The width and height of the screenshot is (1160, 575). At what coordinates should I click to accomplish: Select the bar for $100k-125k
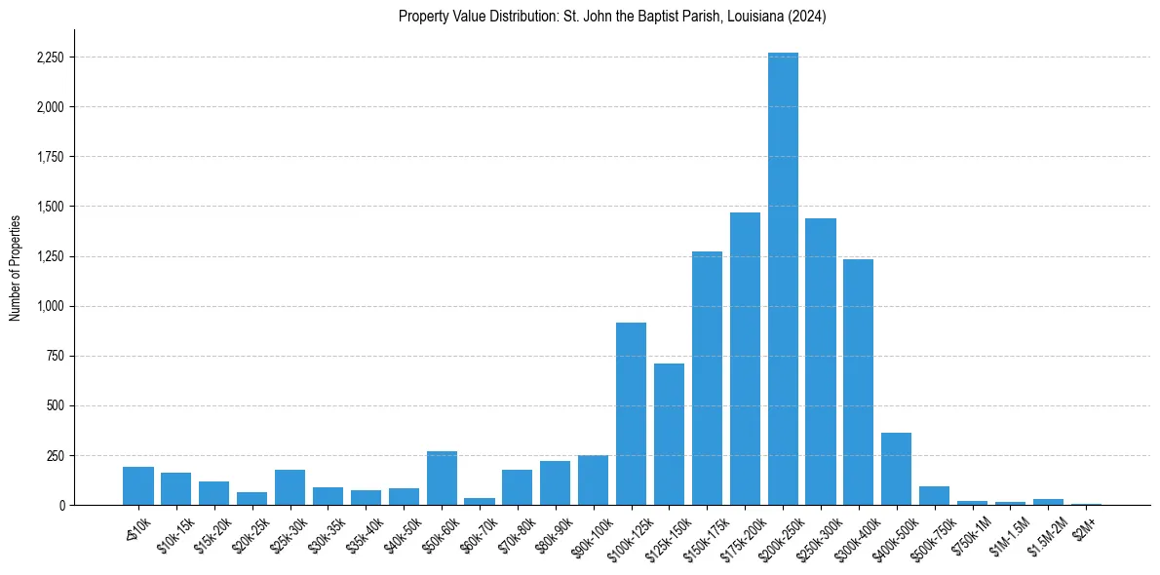click(x=631, y=413)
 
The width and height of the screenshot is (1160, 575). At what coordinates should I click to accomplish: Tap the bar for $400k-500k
click(x=897, y=469)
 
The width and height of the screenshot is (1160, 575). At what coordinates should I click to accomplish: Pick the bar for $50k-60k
click(x=442, y=479)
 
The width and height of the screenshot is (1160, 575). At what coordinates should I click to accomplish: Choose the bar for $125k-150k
click(x=669, y=434)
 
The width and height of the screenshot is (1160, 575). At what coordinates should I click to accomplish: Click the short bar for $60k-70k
click(x=480, y=501)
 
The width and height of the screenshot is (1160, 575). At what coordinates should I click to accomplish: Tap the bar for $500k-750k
click(x=934, y=495)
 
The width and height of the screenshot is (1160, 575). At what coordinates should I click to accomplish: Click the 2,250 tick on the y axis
click(x=50, y=57)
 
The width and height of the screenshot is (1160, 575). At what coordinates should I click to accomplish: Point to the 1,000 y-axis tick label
click(x=50, y=306)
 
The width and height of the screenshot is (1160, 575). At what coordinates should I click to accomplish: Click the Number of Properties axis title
click(x=15, y=267)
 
